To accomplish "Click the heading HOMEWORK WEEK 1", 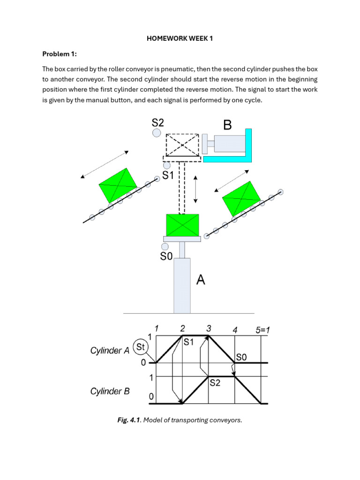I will [180, 38].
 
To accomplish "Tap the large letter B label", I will [227, 125].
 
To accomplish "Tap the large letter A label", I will [201, 280].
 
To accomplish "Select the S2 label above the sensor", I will [158, 123].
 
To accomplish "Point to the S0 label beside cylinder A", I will [167, 256].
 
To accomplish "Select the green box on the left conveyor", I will [118, 184].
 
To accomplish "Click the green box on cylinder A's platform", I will [182, 225].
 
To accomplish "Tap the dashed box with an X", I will [182, 145].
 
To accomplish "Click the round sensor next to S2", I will [157, 134].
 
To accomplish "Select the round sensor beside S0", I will [165, 247].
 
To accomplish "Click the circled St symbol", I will [140, 347].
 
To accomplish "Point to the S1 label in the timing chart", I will [188, 342].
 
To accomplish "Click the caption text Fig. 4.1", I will [129, 420].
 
